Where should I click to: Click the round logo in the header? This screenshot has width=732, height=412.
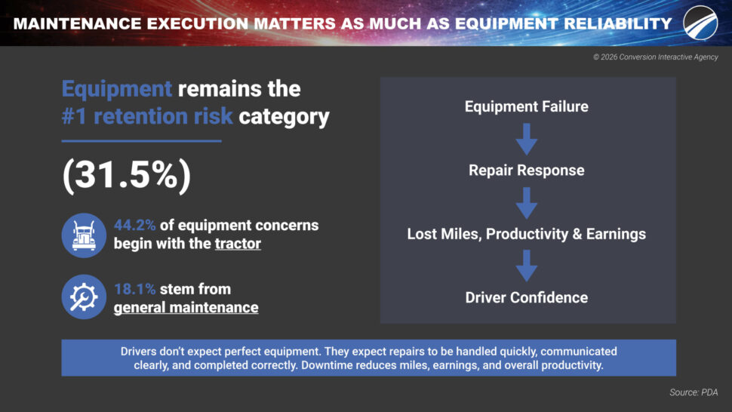click(700, 23)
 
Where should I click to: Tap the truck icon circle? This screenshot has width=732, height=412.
click(84, 235)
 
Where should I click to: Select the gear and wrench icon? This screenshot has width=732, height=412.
click(84, 297)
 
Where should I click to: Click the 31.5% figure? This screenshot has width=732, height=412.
click(127, 176)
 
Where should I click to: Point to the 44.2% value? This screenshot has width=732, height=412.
click(134, 226)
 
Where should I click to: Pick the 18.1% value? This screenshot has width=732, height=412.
click(134, 289)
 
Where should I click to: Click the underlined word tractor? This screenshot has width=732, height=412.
click(238, 244)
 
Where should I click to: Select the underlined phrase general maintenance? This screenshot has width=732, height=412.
click(186, 308)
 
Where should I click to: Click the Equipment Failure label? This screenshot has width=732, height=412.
click(527, 106)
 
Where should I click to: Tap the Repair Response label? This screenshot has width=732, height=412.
click(527, 171)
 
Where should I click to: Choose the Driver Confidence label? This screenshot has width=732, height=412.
click(527, 298)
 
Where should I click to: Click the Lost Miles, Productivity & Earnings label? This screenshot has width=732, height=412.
click(527, 234)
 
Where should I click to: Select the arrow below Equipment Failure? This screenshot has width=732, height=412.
click(527, 139)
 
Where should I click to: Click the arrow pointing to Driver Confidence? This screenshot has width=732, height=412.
click(527, 266)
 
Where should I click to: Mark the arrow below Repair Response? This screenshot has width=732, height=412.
click(527, 203)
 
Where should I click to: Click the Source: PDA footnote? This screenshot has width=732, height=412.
click(694, 392)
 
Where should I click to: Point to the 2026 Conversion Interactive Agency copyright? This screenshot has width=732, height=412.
click(656, 57)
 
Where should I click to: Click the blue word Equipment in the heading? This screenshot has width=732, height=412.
click(117, 88)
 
